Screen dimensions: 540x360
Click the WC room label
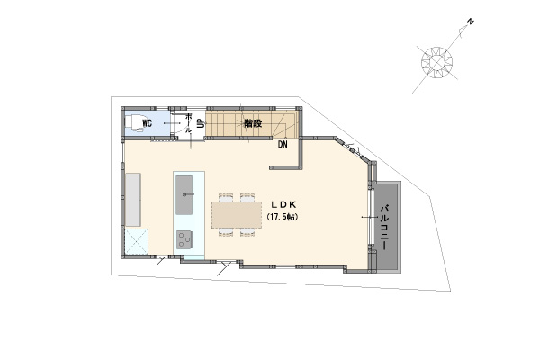pyautogui.click(x=147, y=123)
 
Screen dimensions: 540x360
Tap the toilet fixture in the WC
pyautogui.click(x=134, y=123)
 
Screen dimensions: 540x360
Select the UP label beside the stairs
pyautogui.click(x=200, y=123)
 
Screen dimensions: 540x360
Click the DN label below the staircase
pyautogui.click(x=283, y=144)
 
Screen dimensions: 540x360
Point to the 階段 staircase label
pyautogui.click(x=253, y=123)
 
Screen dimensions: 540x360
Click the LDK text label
pyautogui.click(x=283, y=204)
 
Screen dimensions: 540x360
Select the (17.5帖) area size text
pyautogui.click(x=283, y=217)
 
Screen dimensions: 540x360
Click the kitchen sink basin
pyautogui.click(x=184, y=195)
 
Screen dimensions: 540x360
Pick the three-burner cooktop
pyautogui.click(x=184, y=239)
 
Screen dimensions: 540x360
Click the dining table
pyautogui.click(x=237, y=214)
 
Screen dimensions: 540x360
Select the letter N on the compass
pyautogui.click(x=470, y=22)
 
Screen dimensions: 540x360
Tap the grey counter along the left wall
pyautogui.click(x=133, y=200)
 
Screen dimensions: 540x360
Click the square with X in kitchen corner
pyautogui.click(x=137, y=241)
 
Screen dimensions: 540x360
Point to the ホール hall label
pyautogui.click(x=189, y=123)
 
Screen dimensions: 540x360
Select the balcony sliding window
pyautogui.click(x=371, y=217)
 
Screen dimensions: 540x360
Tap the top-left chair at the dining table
pyautogui.click(x=226, y=197)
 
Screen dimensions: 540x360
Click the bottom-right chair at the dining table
pyautogui.click(x=247, y=232)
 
